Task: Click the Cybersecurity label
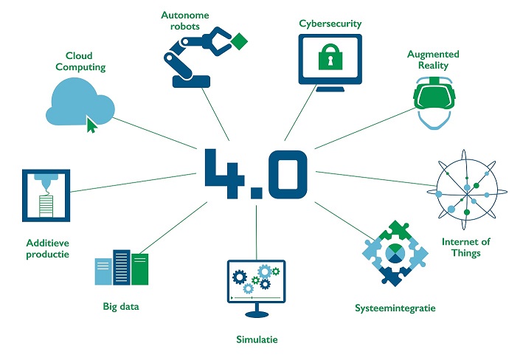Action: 330,24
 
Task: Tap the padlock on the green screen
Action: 329,58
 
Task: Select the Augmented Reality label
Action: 433,60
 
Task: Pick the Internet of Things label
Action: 465,247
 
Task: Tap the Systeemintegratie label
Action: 395,307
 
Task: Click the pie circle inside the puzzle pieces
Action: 395,254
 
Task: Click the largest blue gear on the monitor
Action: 241,278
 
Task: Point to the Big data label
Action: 121,305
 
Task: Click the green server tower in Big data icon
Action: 139,269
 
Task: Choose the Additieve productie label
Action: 46,248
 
